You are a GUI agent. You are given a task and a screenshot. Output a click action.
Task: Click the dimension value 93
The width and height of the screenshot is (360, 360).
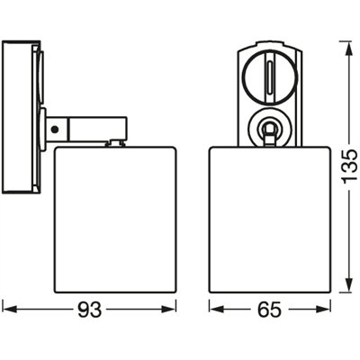click(x=90, y=310)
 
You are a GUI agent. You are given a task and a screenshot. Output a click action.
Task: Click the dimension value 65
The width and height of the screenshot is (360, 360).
click(x=270, y=310)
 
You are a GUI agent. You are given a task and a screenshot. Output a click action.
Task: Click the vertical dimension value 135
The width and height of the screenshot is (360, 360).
click(x=349, y=166)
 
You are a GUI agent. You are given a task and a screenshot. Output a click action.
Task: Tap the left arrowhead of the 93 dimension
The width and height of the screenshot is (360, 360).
click(x=10, y=310)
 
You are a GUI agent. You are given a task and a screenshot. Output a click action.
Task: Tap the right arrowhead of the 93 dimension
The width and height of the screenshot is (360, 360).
click(x=169, y=310)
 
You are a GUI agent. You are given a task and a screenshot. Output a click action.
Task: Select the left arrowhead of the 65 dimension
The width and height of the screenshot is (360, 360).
click(x=217, y=310)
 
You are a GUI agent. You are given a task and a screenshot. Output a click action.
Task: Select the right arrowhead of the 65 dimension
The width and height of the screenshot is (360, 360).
click(x=323, y=310)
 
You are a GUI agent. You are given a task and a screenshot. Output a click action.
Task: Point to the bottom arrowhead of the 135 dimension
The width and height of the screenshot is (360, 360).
click(x=349, y=284)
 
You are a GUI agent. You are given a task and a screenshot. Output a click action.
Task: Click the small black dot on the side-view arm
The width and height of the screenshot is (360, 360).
click(x=54, y=130)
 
